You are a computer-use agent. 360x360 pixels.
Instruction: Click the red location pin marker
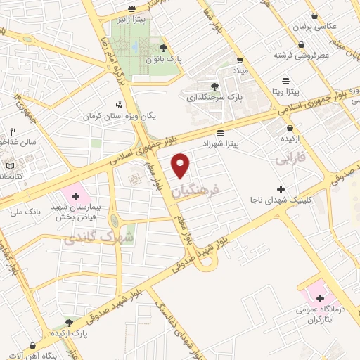point(181,165)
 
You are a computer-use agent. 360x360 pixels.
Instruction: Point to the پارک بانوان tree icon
point(164,48)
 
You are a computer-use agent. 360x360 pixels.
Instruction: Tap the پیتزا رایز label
point(131,20)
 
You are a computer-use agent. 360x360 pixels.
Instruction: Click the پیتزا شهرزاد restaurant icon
point(221,133)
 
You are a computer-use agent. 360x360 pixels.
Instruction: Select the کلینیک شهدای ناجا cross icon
point(281,189)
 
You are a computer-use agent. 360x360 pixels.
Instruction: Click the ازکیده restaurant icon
point(290,129)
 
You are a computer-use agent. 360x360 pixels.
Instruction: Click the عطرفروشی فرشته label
point(310,53)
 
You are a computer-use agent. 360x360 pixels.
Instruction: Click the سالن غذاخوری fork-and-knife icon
point(12,132)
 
